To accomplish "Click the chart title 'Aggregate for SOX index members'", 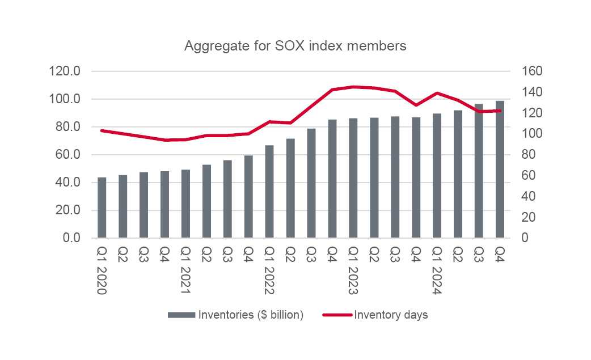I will tap(295, 46).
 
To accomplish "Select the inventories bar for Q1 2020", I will tap(102, 207).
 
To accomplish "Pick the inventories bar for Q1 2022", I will tap(269, 192).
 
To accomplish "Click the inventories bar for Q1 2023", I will tap(353, 178).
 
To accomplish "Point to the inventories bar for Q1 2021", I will tap(185, 204).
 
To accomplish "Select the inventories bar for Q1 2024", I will tap(437, 176).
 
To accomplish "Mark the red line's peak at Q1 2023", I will tap(353, 87).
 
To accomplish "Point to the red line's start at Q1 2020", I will tap(102, 130).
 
